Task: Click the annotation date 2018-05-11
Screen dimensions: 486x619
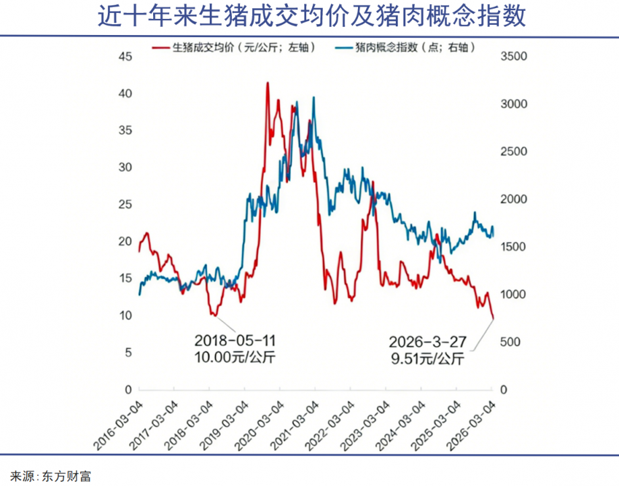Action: (x=235, y=339)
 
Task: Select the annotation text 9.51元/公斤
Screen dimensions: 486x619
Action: (x=428, y=358)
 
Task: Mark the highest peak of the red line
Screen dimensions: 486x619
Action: (x=268, y=83)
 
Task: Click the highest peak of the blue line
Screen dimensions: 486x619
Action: (x=314, y=97)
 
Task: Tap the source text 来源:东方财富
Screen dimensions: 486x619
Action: (x=51, y=476)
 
